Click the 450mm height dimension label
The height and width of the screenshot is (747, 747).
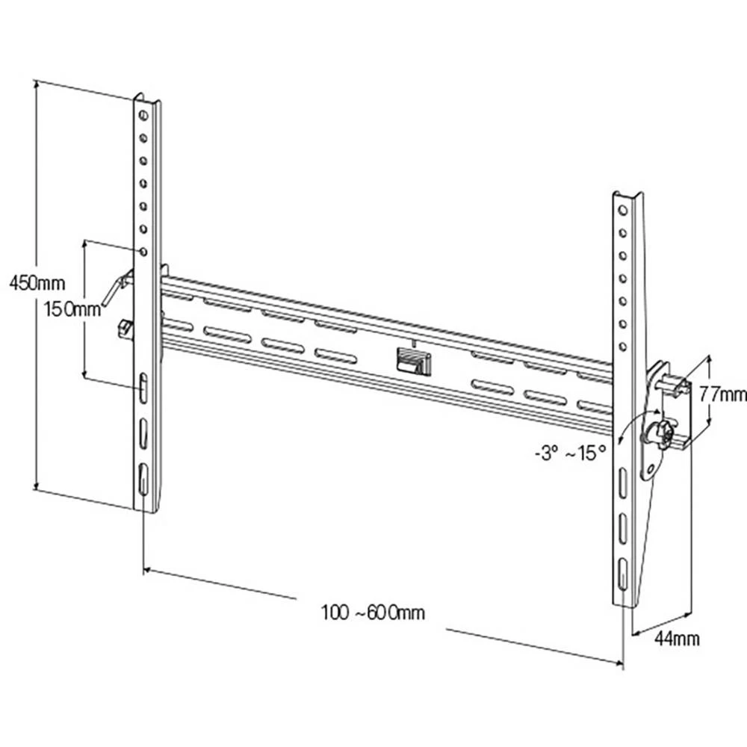[35, 284]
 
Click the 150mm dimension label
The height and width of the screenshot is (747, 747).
[72, 309]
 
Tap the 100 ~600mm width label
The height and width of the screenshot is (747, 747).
[374, 613]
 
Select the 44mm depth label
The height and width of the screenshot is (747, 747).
[677, 637]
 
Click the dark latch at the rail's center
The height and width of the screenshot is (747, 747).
[412, 362]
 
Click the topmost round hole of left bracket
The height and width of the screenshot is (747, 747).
[142, 115]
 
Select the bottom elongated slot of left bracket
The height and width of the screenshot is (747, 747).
[143, 477]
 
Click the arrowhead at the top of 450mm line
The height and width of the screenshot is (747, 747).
[36, 84]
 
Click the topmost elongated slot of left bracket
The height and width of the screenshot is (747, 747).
[143, 388]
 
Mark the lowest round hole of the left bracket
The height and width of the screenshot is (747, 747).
[143, 251]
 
